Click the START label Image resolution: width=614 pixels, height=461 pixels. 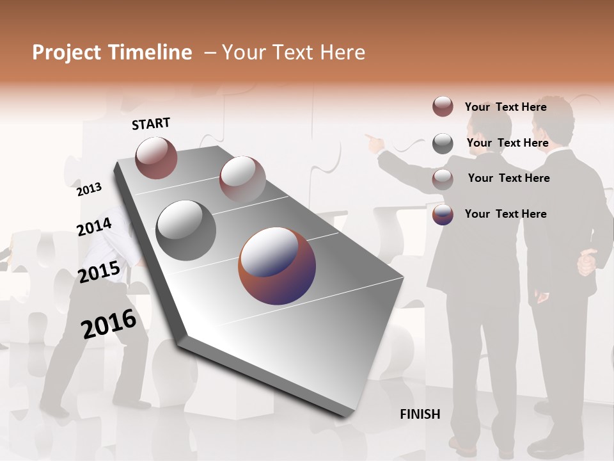tap(151, 124)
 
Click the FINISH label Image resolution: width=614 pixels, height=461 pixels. tap(420, 414)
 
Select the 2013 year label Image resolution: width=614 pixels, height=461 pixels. tap(90, 190)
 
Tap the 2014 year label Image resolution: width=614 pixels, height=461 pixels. tap(95, 227)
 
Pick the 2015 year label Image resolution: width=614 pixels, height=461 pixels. tap(99, 272)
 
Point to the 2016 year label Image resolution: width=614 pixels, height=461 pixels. tap(109, 324)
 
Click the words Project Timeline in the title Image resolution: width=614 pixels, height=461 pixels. tap(112, 53)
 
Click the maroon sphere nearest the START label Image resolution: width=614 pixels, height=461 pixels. tap(157, 158)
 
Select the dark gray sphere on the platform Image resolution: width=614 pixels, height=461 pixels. tap(186, 230)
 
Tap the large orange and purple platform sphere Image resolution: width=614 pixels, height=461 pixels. tap(277, 266)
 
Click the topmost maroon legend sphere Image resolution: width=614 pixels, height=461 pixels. tap(443, 107)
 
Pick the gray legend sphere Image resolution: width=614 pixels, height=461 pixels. tap(443, 143)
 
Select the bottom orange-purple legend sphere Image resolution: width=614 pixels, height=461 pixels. tap(443, 214)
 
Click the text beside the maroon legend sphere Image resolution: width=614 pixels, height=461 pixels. tap(505, 107)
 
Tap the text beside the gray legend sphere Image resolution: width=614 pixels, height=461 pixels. tap(507, 143)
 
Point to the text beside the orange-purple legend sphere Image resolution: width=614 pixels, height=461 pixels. tap(505, 214)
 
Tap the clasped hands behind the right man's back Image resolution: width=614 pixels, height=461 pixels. tap(586, 263)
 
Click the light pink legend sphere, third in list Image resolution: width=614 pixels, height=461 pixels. tap(443, 179)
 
